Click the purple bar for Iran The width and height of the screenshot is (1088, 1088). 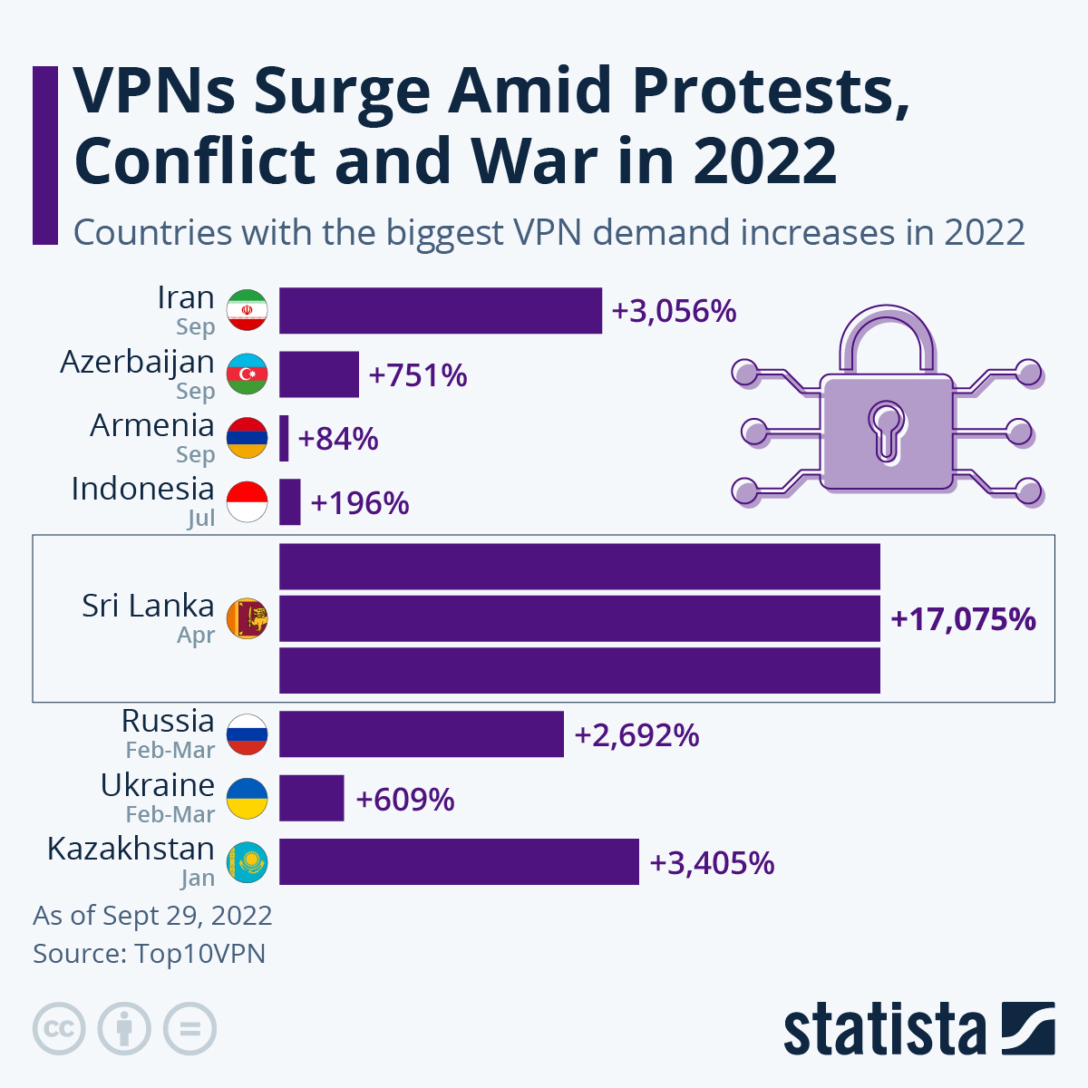[440, 311]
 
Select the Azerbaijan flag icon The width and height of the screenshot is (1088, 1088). [247, 374]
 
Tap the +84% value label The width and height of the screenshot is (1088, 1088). [338, 439]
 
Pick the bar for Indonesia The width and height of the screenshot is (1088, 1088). [289, 502]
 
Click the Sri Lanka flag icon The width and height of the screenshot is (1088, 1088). [247, 619]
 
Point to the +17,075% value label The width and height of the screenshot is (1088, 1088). [963, 619]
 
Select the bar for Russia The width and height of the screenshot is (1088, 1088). [421, 734]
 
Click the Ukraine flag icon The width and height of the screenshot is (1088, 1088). [247, 799]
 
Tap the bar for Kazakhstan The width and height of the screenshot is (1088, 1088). [459, 862]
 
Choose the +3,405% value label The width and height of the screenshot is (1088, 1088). [712, 863]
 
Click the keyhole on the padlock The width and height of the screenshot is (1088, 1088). [886, 430]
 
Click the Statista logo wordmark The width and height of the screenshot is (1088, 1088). [884, 1030]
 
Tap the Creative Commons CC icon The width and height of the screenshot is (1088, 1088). [59, 1030]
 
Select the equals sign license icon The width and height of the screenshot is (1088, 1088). [189, 1030]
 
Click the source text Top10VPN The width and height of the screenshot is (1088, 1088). [199, 954]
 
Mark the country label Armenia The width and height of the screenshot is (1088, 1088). [151, 425]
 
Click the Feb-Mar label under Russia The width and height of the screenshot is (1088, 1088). [170, 751]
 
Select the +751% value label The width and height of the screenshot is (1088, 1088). [418, 375]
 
